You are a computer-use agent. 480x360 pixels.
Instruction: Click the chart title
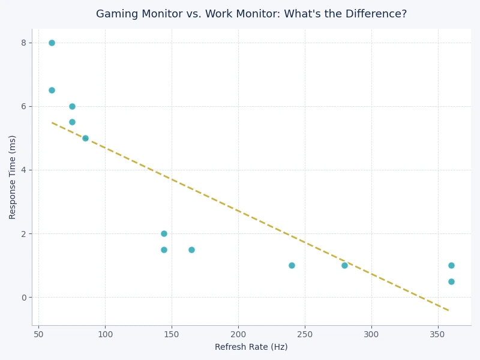click(251, 14)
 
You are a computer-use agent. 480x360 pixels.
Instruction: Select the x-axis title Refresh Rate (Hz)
click(251, 347)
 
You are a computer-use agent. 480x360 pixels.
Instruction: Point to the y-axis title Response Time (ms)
click(13, 177)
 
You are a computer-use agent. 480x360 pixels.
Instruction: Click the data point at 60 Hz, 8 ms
click(52, 43)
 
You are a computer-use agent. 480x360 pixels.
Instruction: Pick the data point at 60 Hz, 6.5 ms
click(52, 91)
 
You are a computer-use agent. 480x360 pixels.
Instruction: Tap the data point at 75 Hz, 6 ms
click(72, 106)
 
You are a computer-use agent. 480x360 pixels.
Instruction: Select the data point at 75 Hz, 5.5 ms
click(72, 122)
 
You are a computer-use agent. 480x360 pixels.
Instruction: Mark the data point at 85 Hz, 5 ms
click(85, 138)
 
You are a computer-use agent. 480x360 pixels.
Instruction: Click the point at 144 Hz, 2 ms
click(164, 234)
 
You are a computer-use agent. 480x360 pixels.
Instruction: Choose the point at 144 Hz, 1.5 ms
click(164, 250)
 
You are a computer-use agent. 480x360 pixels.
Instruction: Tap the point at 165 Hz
click(191, 250)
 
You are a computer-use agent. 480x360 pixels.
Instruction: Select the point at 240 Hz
click(292, 265)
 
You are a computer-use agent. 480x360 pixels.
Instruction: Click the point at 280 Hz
click(344, 265)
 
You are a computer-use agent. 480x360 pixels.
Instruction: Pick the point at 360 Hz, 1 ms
click(451, 265)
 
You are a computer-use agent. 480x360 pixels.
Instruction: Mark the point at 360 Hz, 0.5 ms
click(451, 281)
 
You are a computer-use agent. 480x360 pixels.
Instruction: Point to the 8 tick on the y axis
click(23, 43)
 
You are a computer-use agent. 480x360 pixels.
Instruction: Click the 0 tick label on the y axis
click(23, 298)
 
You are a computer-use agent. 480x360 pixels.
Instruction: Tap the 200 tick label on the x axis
click(238, 334)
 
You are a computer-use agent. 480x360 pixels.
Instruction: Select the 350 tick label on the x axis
click(438, 334)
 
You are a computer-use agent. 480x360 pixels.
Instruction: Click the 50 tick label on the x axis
click(38, 334)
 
